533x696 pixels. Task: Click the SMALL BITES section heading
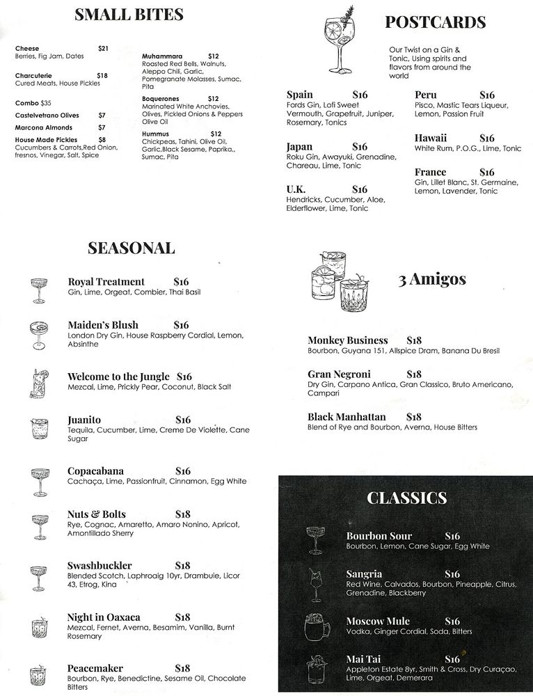point(129,15)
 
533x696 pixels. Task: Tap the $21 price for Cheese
point(104,48)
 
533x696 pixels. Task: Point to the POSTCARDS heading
point(436,22)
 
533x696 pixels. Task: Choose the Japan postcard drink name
point(299,147)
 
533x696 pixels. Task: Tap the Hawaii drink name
point(431,138)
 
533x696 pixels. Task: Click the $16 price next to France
point(487,172)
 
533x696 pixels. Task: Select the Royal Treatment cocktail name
point(106,282)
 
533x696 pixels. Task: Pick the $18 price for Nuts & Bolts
point(183,514)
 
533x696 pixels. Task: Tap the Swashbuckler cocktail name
point(100,565)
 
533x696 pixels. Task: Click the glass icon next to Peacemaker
point(38,675)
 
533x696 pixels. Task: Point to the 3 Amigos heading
point(432,280)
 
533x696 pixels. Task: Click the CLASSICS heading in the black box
point(406,498)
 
